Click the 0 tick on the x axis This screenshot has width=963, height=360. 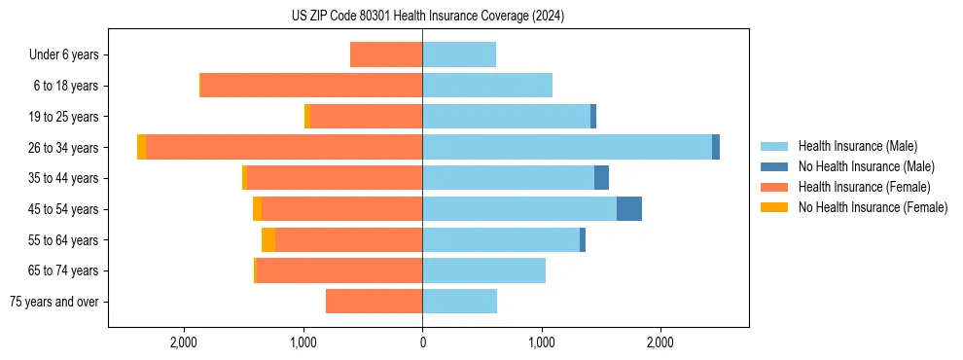point(422,342)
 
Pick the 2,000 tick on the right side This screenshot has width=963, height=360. point(660,342)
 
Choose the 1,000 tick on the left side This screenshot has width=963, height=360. point(303,342)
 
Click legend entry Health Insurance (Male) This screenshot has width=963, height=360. point(857,146)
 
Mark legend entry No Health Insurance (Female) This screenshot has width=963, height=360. point(873,207)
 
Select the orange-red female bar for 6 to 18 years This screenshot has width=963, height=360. point(311,86)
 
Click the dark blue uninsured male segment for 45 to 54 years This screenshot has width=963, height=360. point(628,209)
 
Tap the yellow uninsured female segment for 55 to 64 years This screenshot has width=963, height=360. point(268,240)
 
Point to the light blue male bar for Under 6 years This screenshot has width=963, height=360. point(459,54)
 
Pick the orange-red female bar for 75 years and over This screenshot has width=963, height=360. point(374,302)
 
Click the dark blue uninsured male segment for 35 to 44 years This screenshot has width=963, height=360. point(601,178)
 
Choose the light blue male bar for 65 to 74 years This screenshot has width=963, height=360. point(483,270)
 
